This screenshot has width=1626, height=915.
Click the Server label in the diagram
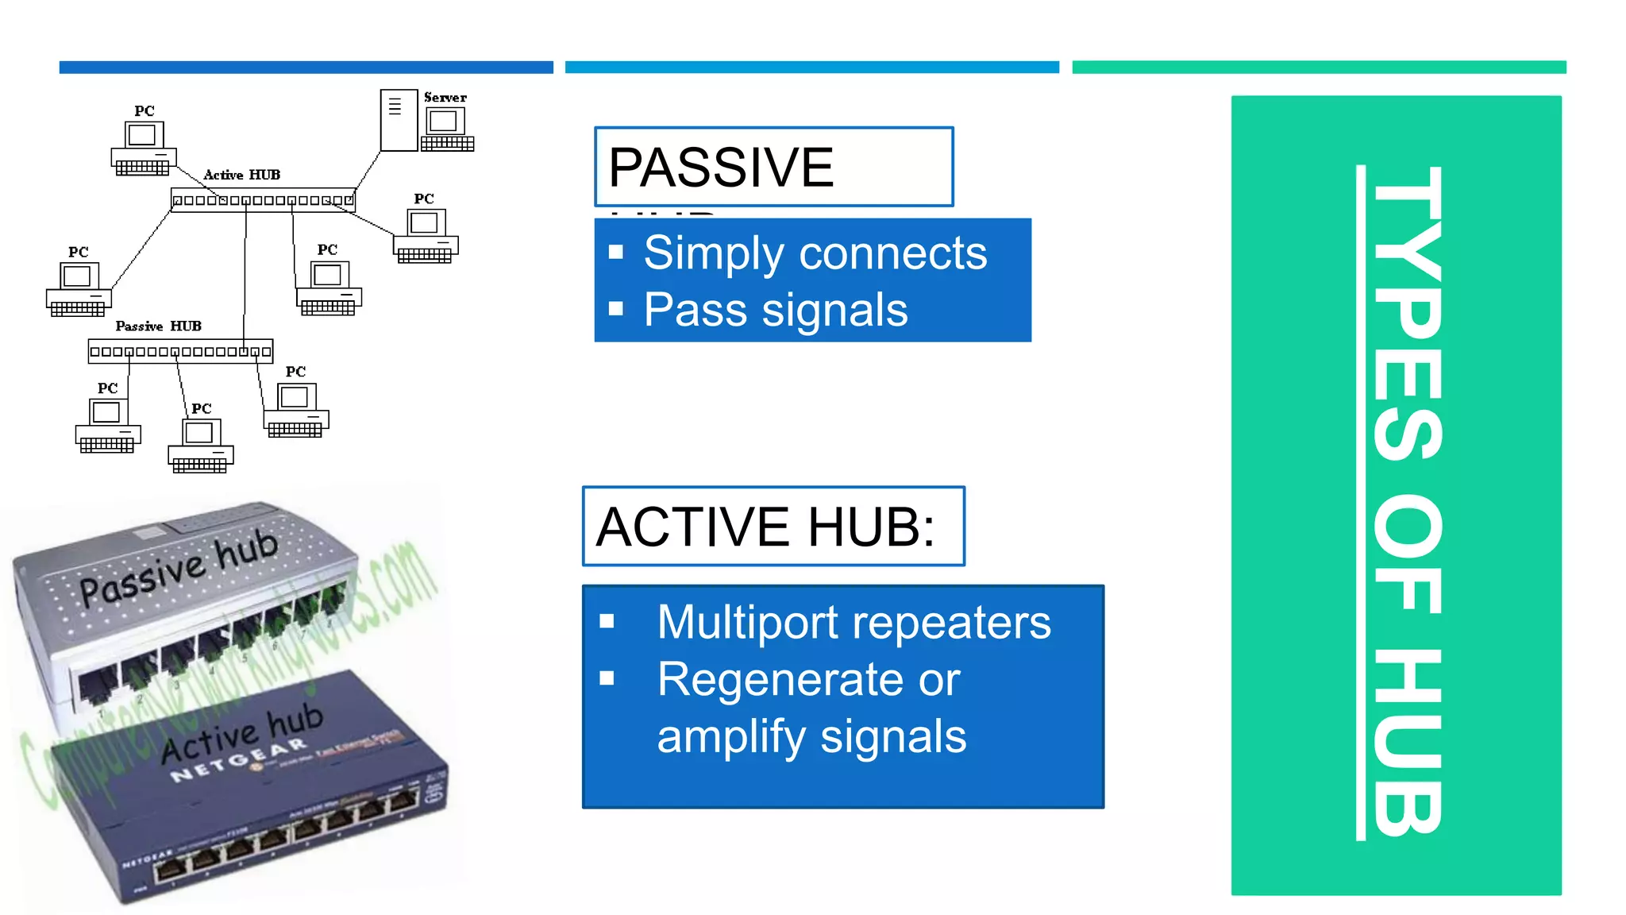click(x=445, y=98)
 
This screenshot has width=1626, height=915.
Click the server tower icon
click(x=398, y=121)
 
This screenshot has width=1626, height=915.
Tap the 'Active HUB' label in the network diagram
click(x=241, y=175)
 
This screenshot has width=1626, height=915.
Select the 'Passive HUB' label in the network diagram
click(x=158, y=326)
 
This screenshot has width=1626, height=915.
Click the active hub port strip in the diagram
click(x=263, y=200)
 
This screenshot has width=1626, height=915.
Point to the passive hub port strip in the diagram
click(x=180, y=351)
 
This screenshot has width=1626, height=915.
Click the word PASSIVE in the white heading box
click(x=720, y=168)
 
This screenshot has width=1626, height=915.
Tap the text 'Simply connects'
click(x=815, y=253)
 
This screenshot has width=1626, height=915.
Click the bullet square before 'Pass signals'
click(x=616, y=309)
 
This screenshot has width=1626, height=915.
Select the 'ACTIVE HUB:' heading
click(x=765, y=527)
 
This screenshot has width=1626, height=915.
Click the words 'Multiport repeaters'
click(x=853, y=622)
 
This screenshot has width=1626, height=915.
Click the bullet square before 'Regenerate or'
click(x=607, y=678)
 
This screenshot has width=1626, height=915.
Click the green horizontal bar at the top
click(x=1318, y=68)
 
